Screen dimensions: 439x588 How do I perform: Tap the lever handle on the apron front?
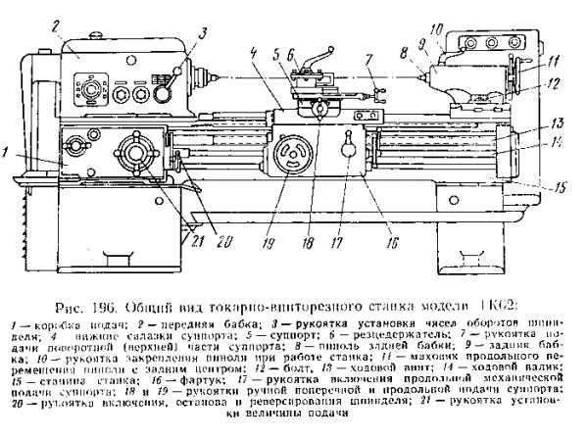[349, 149]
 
